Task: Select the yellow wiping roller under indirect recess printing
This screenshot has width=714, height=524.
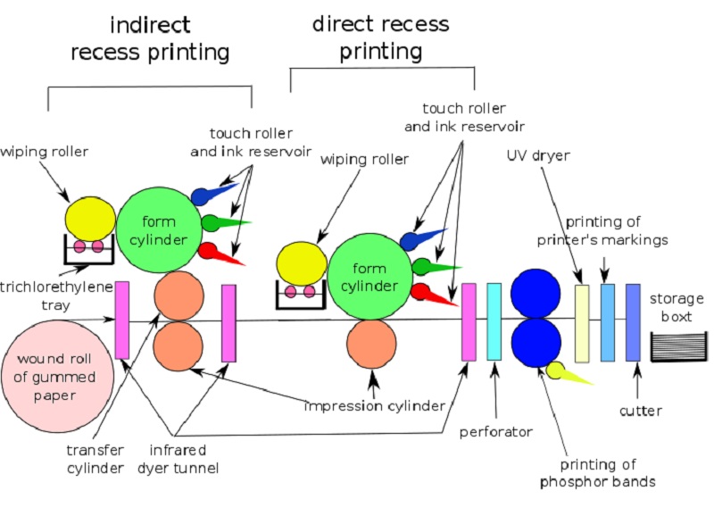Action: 90,220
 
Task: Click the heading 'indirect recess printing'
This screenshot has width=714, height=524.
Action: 150,37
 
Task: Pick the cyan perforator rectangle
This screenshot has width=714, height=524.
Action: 494,320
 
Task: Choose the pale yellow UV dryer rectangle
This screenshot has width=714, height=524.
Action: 583,323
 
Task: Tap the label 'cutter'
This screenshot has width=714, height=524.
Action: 640,412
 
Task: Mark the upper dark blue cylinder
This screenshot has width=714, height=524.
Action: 535,294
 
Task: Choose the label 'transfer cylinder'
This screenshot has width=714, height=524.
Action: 95,458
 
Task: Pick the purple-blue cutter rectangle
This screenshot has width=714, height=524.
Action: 634,322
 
